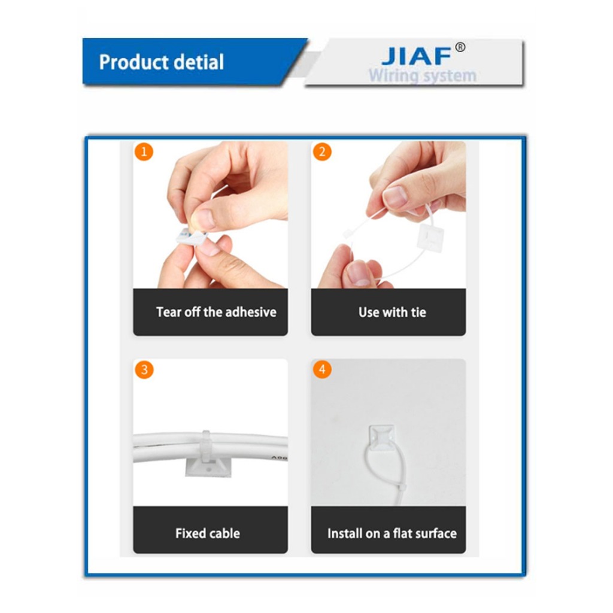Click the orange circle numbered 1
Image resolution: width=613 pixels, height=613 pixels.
(x=144, y=151)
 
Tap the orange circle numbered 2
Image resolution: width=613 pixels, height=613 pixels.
(x=322, y=151)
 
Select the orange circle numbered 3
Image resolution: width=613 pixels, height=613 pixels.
(x=144, y=369)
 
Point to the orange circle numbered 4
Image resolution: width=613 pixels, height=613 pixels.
(x=322, y=369)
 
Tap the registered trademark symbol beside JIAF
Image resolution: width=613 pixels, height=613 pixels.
(x=460, y=47)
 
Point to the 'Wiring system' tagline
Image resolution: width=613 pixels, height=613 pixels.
(x=423, y=75)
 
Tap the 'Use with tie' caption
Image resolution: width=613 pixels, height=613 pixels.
(x=392, y=312)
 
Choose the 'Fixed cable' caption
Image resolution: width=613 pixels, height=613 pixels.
(x=208, y=533)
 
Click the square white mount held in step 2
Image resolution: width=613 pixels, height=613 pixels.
(x=430, y=237)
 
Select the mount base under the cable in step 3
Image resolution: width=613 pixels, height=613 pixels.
(x=208, y=468)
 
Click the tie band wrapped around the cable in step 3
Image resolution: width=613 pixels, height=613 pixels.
(x=206, y=446)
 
